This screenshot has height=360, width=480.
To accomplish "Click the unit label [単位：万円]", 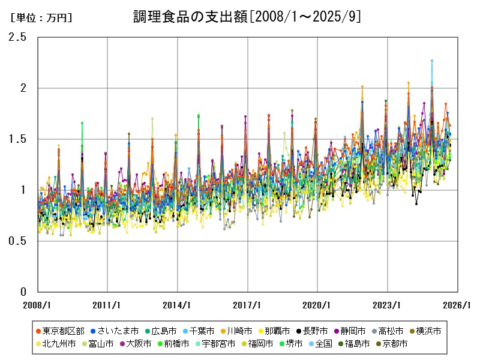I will (41, 18).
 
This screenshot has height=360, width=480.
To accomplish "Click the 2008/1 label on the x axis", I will (37, 305).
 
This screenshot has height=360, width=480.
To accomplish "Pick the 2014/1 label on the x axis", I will (178, 305).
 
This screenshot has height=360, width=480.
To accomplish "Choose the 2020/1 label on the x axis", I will (317, 305).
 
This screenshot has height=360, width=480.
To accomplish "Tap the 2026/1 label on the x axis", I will (458, 305).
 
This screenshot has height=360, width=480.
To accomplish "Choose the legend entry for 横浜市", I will (428, 331).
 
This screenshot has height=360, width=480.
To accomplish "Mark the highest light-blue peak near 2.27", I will (431, 61).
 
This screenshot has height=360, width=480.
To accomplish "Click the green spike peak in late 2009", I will (82, 123).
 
